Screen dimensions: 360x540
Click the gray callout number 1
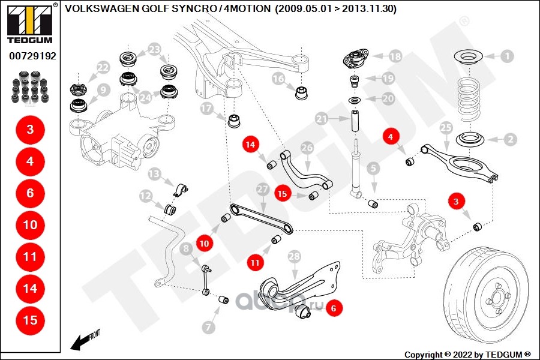pos(507,56)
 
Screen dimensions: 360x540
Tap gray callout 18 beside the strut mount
pos(394,56)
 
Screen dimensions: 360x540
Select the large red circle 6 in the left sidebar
pos(30,193)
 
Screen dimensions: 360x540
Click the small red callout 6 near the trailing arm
pos(335,308)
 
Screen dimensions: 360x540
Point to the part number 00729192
pos(32,56)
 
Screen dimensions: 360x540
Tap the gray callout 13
pos(155,174)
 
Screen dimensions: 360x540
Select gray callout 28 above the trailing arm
pos(293,257)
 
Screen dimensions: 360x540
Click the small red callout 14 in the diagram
pos(250,144)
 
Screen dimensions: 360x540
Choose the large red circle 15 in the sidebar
pos(30,320)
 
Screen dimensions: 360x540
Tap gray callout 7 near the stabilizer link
pos(208,328)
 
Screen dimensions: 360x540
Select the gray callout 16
pos(278,78)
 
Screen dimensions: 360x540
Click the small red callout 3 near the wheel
pos(456,203)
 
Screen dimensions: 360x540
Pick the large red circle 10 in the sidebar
pos(30,225)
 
